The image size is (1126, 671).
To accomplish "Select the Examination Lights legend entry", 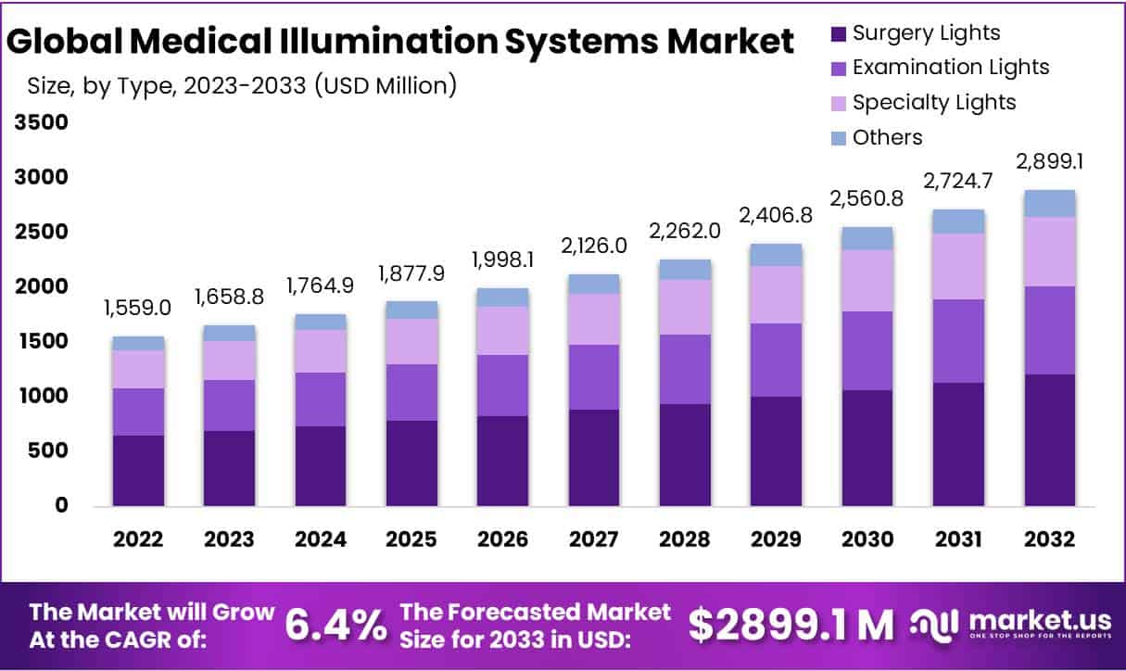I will pyautogui.click(x=940, y=68).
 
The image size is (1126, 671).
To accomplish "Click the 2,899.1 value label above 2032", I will pyautogui.click(x=1050, y=162).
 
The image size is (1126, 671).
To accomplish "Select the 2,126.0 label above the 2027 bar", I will pyautogui.click(x=594, y=246).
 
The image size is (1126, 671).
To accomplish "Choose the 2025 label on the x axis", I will pyautogui.click(x=411, y=538).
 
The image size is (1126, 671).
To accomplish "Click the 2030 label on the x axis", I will pyautogui.click(x=867, y=538).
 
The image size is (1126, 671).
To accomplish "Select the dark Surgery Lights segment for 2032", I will pyautogui.click(x=1050, y=440).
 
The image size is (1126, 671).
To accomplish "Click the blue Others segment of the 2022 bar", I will pyautogui.click(x=138, y=343).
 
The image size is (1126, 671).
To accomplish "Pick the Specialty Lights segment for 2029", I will pyautogui.click(x=777, y=295).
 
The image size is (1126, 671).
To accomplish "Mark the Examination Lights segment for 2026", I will pyautogui.click(x=502, y=385).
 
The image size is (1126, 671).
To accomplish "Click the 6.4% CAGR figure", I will pyautogui.click(x=335, y=626).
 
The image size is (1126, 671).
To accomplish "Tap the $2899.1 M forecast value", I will pyautogui.click(x=791, y=626).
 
